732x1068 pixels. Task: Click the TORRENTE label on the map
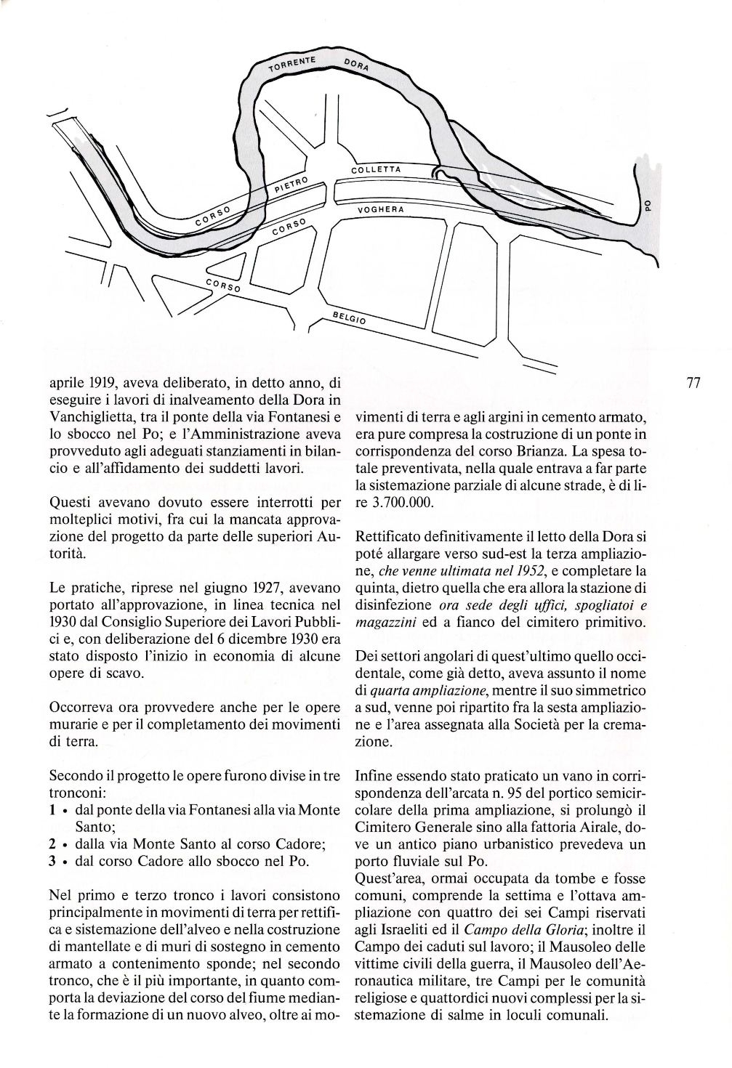pos(290,65)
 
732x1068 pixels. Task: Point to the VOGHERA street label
pos(380,209)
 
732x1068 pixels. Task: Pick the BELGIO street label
pos(351,318)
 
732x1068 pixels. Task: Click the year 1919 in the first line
pos(95,383)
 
